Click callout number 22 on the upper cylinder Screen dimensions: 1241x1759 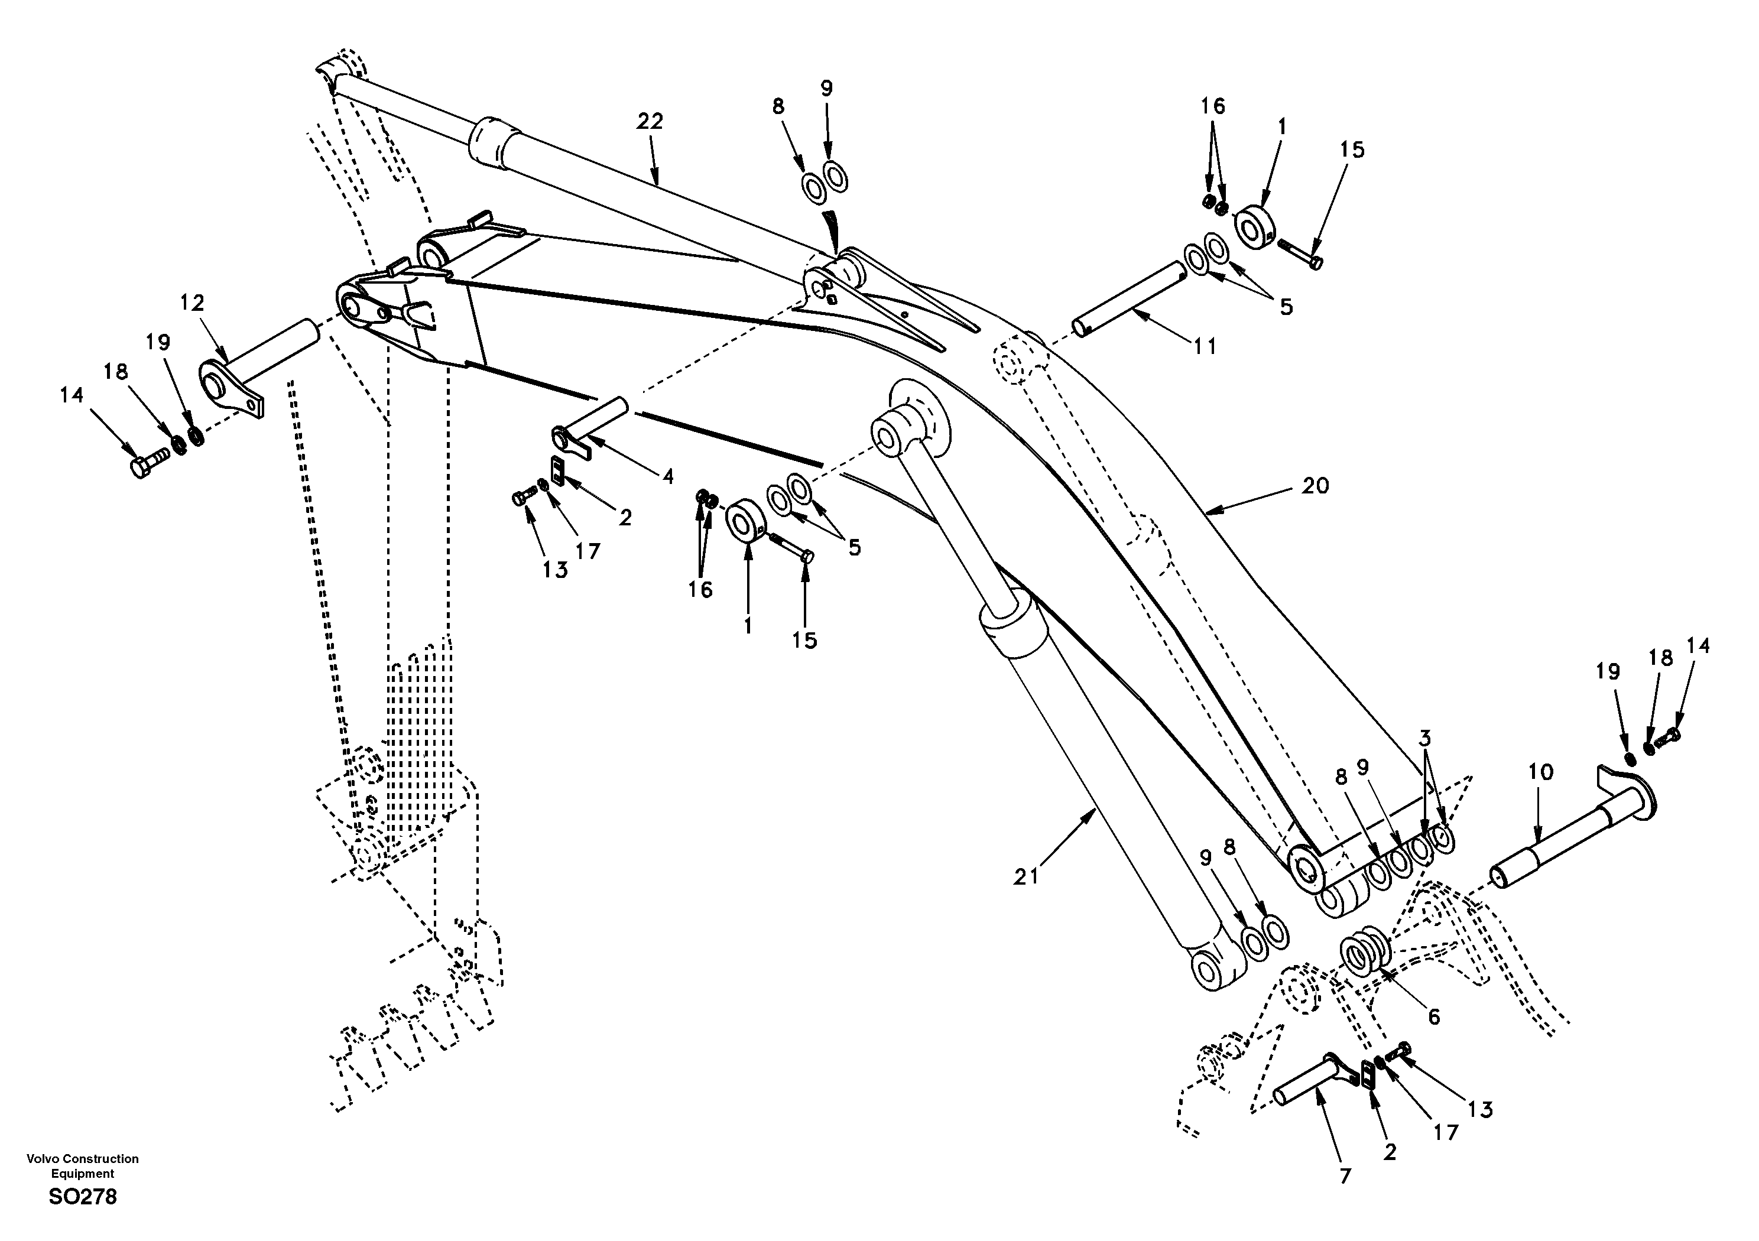[x=650, y=121]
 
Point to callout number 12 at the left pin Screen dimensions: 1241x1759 [x=192, y=303]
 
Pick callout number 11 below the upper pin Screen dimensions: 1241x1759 [x=1205, y=346]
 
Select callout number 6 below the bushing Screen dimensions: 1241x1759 [x=1433, y=1016]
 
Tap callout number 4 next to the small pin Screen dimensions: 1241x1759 [x=668, y=476]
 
